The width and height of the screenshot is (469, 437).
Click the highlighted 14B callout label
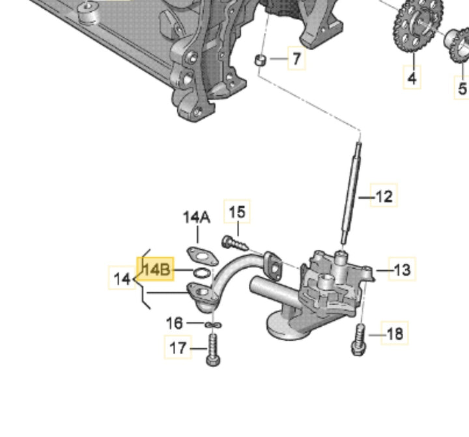click(155, 269)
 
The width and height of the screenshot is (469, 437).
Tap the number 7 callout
click(296, 59)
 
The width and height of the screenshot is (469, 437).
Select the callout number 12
click(384, 196)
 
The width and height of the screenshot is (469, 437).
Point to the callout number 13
click(403, 269)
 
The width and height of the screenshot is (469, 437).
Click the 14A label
click(197, 217)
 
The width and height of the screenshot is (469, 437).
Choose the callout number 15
click(237, 212)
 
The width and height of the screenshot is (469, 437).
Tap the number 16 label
click(175, 324)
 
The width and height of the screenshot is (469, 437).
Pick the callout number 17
click(178, 348)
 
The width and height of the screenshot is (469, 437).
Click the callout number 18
click(395, 333)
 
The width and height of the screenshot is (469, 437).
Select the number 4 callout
click(412, 78)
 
